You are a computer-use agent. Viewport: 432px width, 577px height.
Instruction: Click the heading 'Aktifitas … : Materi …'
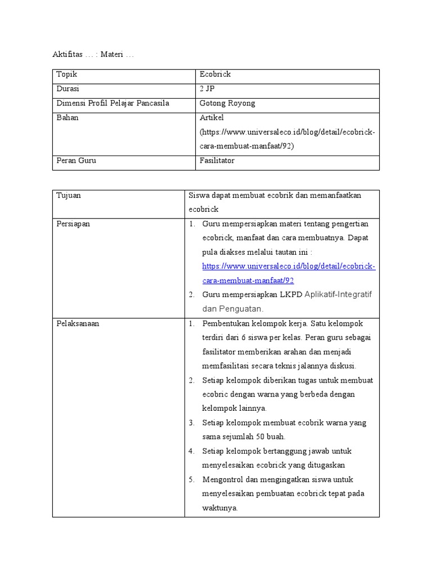tap(93, 55)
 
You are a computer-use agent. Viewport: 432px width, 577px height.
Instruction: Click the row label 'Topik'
tap(66, 74)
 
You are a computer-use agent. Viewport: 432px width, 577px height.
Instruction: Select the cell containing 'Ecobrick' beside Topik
tap(215, 74)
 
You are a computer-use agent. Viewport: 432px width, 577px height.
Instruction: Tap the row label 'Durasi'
tap(68, 89)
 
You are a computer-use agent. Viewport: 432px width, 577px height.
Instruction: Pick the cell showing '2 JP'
tap(208, 89)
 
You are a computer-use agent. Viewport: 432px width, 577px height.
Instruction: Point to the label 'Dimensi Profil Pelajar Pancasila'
tap(113, 103)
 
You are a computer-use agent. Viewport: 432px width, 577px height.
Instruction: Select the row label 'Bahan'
tap(67, 118)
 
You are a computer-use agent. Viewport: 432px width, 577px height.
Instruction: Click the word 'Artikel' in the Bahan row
tap(212, 118)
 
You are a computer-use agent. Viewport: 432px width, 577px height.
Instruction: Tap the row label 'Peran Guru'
tap(76, 161)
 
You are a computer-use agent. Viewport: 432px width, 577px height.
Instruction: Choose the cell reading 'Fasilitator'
tap(217, 161)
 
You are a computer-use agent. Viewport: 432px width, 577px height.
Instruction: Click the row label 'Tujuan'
tap(69, 195)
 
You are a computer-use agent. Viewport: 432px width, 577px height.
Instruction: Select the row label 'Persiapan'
tap(73, 224)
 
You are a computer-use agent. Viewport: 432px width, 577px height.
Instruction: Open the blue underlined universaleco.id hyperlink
tap(289, 267)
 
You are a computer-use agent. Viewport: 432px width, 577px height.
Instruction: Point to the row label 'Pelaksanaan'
tap(78, 323)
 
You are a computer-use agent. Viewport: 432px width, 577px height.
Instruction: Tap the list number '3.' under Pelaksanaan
tap(191, 423)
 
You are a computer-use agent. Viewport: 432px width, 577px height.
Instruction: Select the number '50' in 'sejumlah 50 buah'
tap(260, 437)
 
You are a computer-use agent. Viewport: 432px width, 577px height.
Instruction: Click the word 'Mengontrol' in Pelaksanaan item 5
tap(223, 480)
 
